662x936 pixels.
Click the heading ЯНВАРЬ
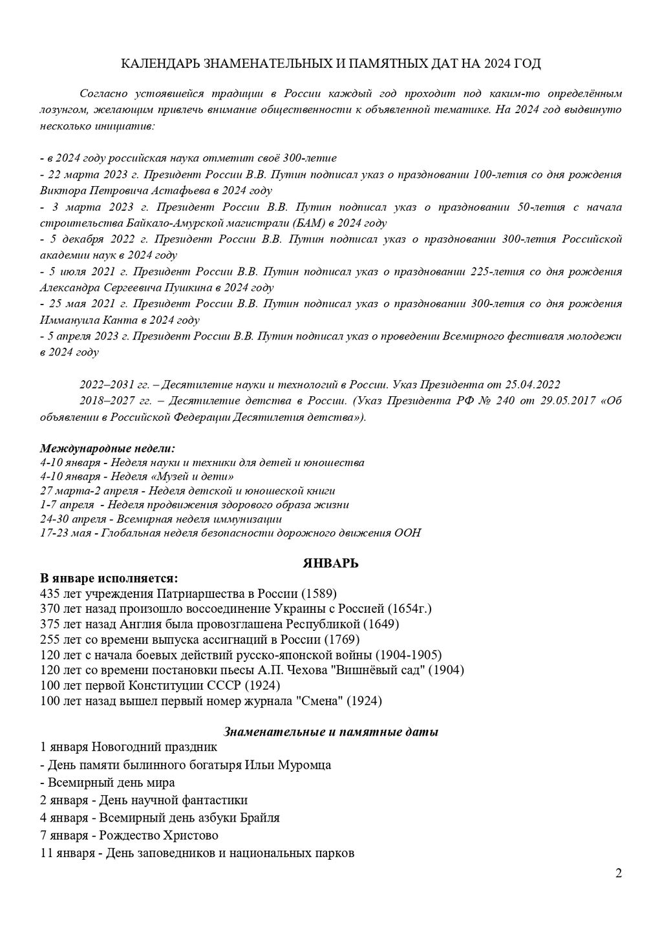coord(331,563)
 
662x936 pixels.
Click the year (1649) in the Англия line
coord(381,624)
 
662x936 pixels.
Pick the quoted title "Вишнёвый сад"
coord(381,670)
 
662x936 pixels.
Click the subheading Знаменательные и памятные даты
coord(331,732)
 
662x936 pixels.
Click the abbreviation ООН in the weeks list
coord(407,533)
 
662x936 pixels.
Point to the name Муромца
coord(304,765)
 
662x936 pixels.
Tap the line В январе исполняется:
coord(109,577)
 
